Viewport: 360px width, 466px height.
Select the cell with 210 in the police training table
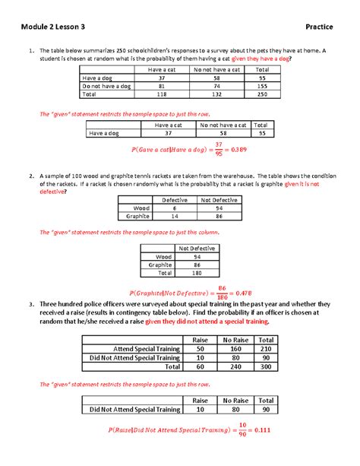point(266,349)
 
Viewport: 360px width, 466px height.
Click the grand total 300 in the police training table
point(266,366)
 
